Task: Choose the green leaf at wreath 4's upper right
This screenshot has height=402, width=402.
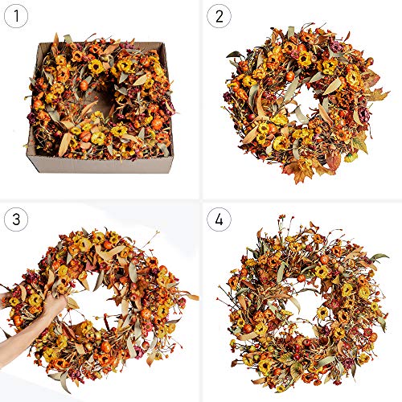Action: pos(379,257)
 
